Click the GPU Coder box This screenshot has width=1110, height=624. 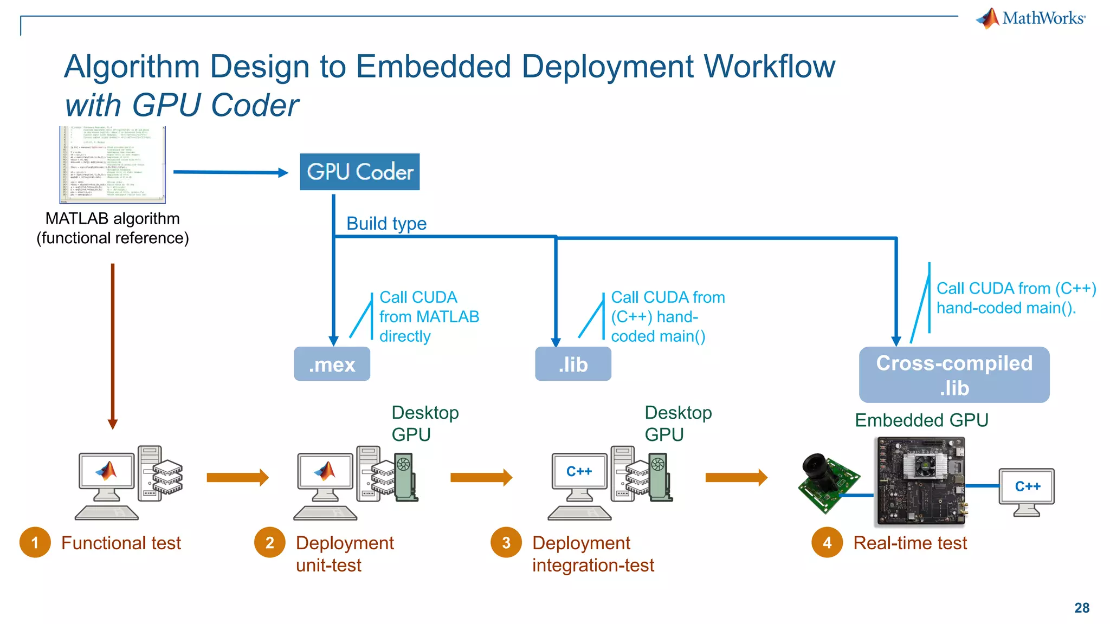coord(359,172)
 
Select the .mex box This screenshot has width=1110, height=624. coord(332,364)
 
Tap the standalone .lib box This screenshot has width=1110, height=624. coord(573,364)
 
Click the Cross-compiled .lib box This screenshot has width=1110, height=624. coord(954,375)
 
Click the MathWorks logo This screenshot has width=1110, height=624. coord(1031,18)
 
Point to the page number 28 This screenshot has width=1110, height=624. coord(1081,608)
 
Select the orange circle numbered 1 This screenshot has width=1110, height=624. coord(35,542)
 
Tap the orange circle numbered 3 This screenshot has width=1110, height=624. coord(506,542)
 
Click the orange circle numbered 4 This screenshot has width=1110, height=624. coord(827,542)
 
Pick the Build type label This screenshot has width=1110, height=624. coord(386,223)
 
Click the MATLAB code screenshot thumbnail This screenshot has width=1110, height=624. coord(112,165)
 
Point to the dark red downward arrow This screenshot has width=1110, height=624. coord(113,347)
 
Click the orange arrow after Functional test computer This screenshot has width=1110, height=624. coord(237,477)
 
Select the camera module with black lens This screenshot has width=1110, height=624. coord(827,481)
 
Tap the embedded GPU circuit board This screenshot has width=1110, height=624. coord(920,482)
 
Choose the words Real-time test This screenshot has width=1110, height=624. coord(910,543)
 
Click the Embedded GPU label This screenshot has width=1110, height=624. coord(921,420)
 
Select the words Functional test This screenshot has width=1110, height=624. coord(121,543)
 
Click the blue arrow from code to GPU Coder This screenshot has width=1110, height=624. coord(230,172)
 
